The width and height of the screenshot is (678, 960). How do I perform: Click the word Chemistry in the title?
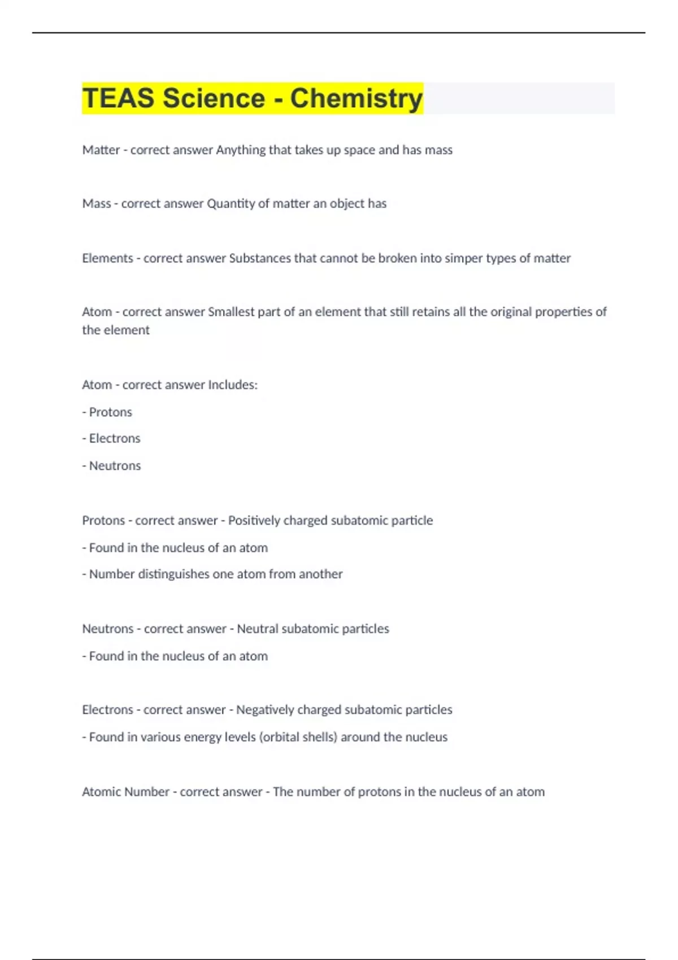click(356, 98)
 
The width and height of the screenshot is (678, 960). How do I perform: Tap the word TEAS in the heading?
click(118, 98)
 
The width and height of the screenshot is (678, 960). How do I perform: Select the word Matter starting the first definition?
click(101, 150)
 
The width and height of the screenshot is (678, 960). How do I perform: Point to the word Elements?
click(107, 259)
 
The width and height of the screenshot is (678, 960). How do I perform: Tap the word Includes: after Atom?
click(233, 385)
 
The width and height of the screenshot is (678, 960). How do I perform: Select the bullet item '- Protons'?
click(107, 412)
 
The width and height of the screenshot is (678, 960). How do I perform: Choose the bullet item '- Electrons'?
click(111, 439)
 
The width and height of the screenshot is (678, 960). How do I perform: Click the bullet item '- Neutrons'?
click(112, 466)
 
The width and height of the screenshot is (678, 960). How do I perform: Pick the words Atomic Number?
click(125, 792)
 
